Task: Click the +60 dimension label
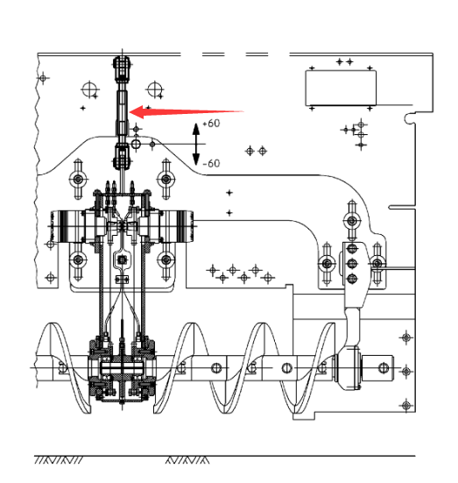[x=211, y=124]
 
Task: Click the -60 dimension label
[x=211, y=163]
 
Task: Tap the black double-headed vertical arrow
[x=196, y=144]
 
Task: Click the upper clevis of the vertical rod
[x=123, y=68]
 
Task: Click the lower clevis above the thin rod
[x=123, y=157]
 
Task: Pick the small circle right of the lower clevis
[x=136, y=144]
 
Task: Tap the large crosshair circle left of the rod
[x=89, y=89]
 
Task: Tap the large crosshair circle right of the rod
[x=155, y=89]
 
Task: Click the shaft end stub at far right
[x=377, y=368]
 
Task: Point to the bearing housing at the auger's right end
[x=348, y=368]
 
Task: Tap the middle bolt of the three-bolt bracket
[x=352, y=264]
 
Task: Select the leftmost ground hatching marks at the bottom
[x=59, y=460]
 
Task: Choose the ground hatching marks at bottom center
[x=187, y=460]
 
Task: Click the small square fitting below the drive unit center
[x=123, y=260]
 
